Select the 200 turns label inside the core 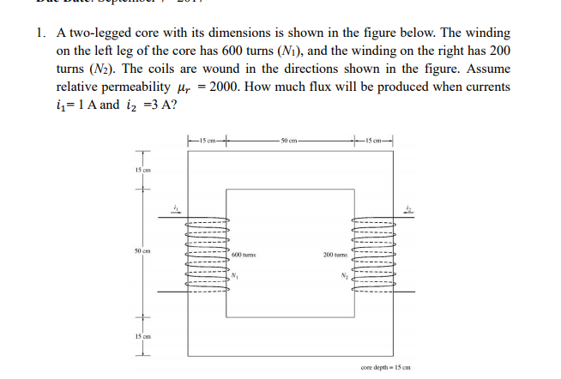point(334,255)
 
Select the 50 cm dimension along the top point(289,140)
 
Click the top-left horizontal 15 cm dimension point(206,140)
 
